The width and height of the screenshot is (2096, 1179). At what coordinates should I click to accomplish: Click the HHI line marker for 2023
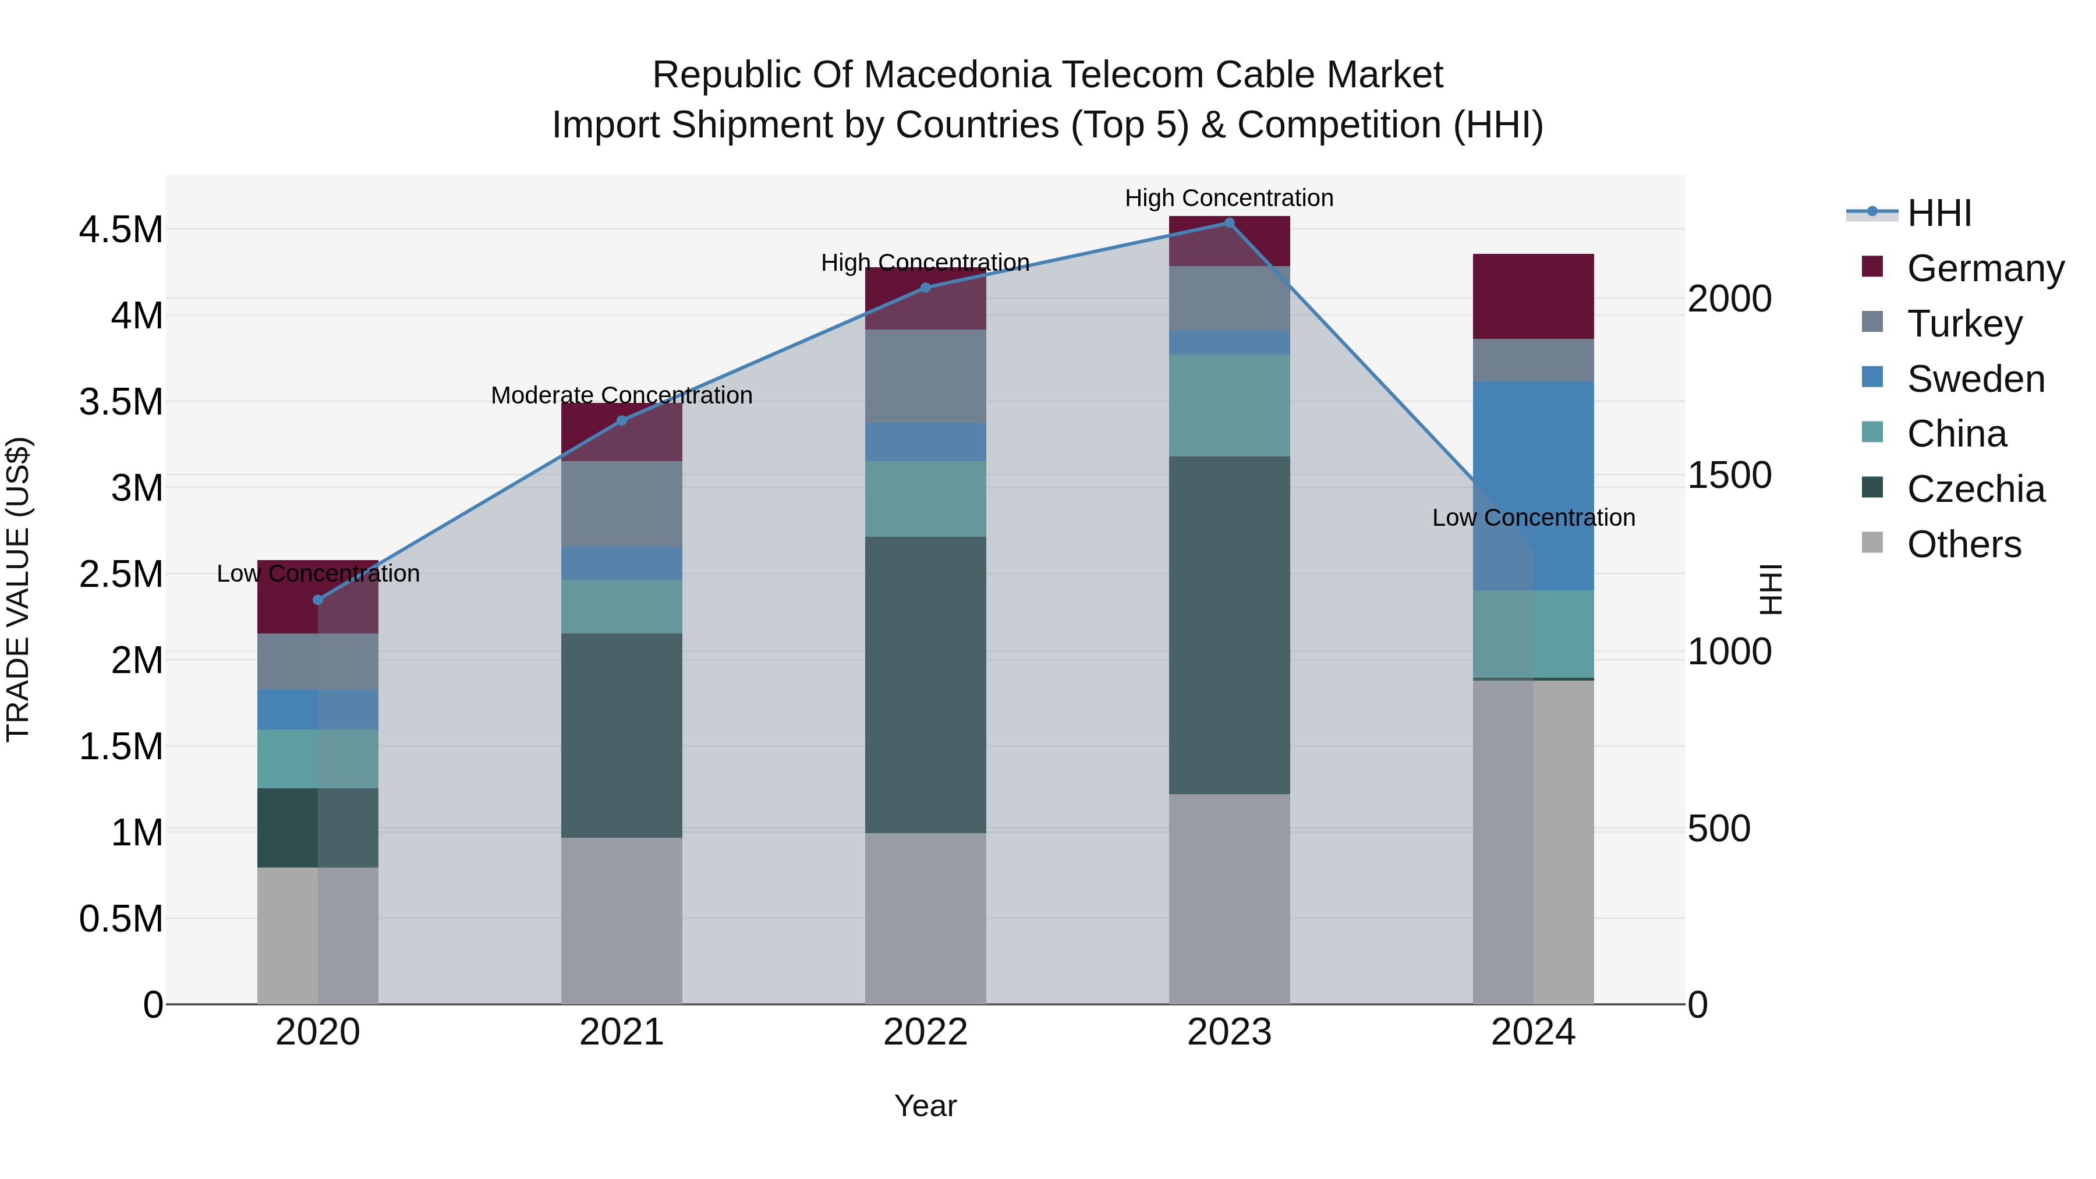click(1228, 222)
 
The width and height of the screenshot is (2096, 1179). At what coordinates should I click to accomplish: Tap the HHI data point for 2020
click(318, 600)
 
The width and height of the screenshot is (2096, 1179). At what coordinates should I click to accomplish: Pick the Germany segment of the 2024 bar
click(1533, 296)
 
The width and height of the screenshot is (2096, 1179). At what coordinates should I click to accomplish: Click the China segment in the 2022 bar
click(925, 499)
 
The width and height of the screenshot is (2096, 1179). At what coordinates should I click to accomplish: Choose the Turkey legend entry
click(1963, 324)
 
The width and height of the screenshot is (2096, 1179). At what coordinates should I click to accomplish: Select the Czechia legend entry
click(1975, 489)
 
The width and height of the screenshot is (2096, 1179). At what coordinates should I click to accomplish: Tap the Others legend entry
click(1963, 544)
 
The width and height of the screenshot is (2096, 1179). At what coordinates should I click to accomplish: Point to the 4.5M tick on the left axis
click(121, 230)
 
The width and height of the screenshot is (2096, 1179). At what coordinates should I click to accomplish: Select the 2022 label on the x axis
click(925, 1032)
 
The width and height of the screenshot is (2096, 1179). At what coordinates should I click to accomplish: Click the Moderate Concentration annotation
click(622, 395)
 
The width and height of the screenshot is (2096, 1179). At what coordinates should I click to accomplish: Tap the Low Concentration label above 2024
click(1533, 518)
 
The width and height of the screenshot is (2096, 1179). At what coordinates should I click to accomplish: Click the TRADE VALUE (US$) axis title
click(18, 589)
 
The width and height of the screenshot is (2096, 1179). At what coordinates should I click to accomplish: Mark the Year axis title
click(925, 1106)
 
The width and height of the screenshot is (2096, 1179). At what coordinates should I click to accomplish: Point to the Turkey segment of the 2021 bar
click(622, 504)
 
